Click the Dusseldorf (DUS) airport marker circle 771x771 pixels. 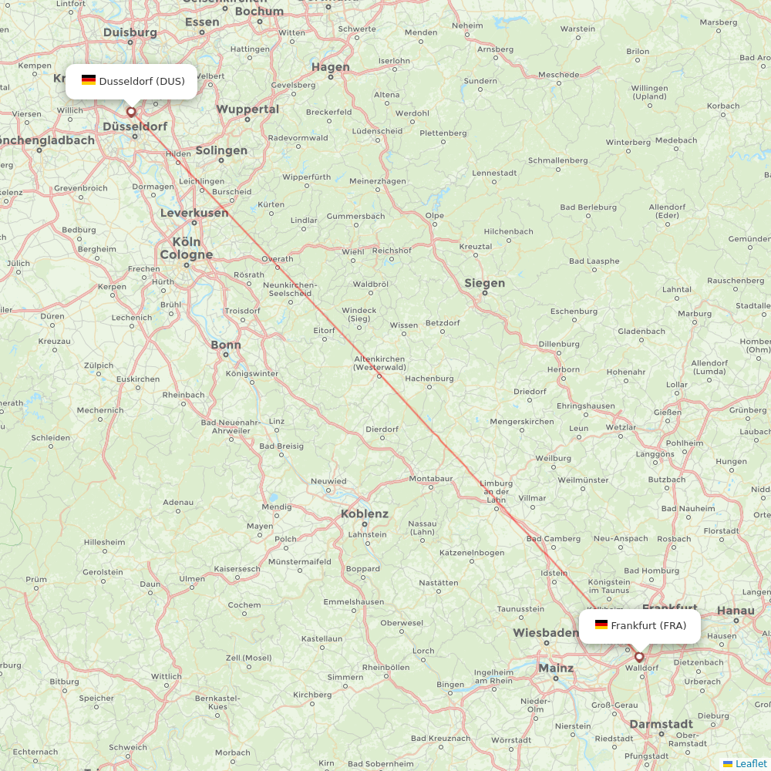click(x=131, y=112)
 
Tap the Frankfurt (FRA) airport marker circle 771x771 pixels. click(x=639, y=657)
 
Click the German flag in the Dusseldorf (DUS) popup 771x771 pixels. click(x=89, y=80)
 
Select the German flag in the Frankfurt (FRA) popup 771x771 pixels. click(x=601, y=625)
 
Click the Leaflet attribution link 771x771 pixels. click(x=750, y=763)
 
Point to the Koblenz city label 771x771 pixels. click(x=365, y=514)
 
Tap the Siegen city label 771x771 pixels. click(x=484, y=283)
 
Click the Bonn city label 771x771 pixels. click(x=226, y=345)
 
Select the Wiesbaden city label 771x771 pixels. click(x=546, y=633)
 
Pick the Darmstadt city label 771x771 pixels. click(x=661, y=724)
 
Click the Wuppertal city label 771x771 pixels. click(x=247, y=109)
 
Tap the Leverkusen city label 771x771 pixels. click(x=194, y=213)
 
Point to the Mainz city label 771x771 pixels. click(x=556, y=668)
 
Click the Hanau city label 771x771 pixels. click(x=736, y=611)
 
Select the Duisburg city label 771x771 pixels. click(x=130, y=32)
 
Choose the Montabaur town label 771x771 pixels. click(x=431, y=479)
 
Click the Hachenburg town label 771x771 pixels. click(x=429, y=379)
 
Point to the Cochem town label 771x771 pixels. click(x=244, y=605)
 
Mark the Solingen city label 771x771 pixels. click(x=221, y=150)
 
